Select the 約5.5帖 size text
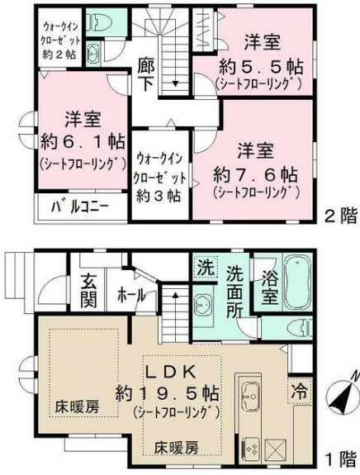tap(254, 65)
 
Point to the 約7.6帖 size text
tap(254, 173)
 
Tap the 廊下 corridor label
tap(146, 74)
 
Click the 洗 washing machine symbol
tap(205, 268)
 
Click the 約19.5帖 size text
tap(178, 392)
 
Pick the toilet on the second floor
tap(101, 24)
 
